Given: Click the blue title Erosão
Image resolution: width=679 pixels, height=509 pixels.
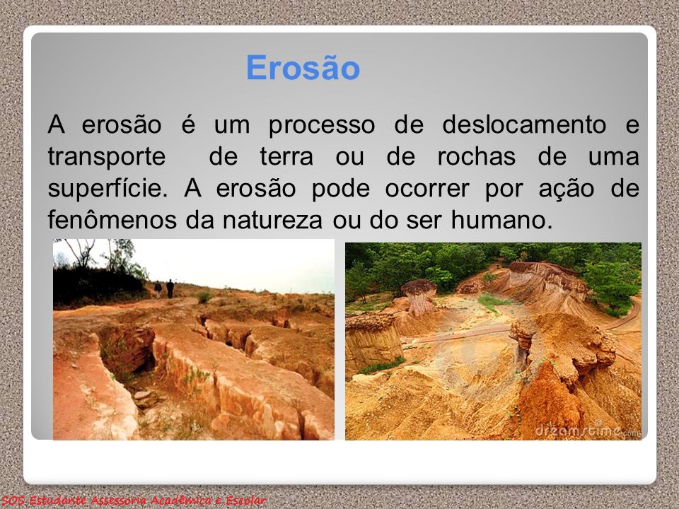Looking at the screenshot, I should tap(303, 69).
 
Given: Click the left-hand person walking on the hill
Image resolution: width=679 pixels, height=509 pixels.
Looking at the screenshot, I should tap(158, 288).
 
